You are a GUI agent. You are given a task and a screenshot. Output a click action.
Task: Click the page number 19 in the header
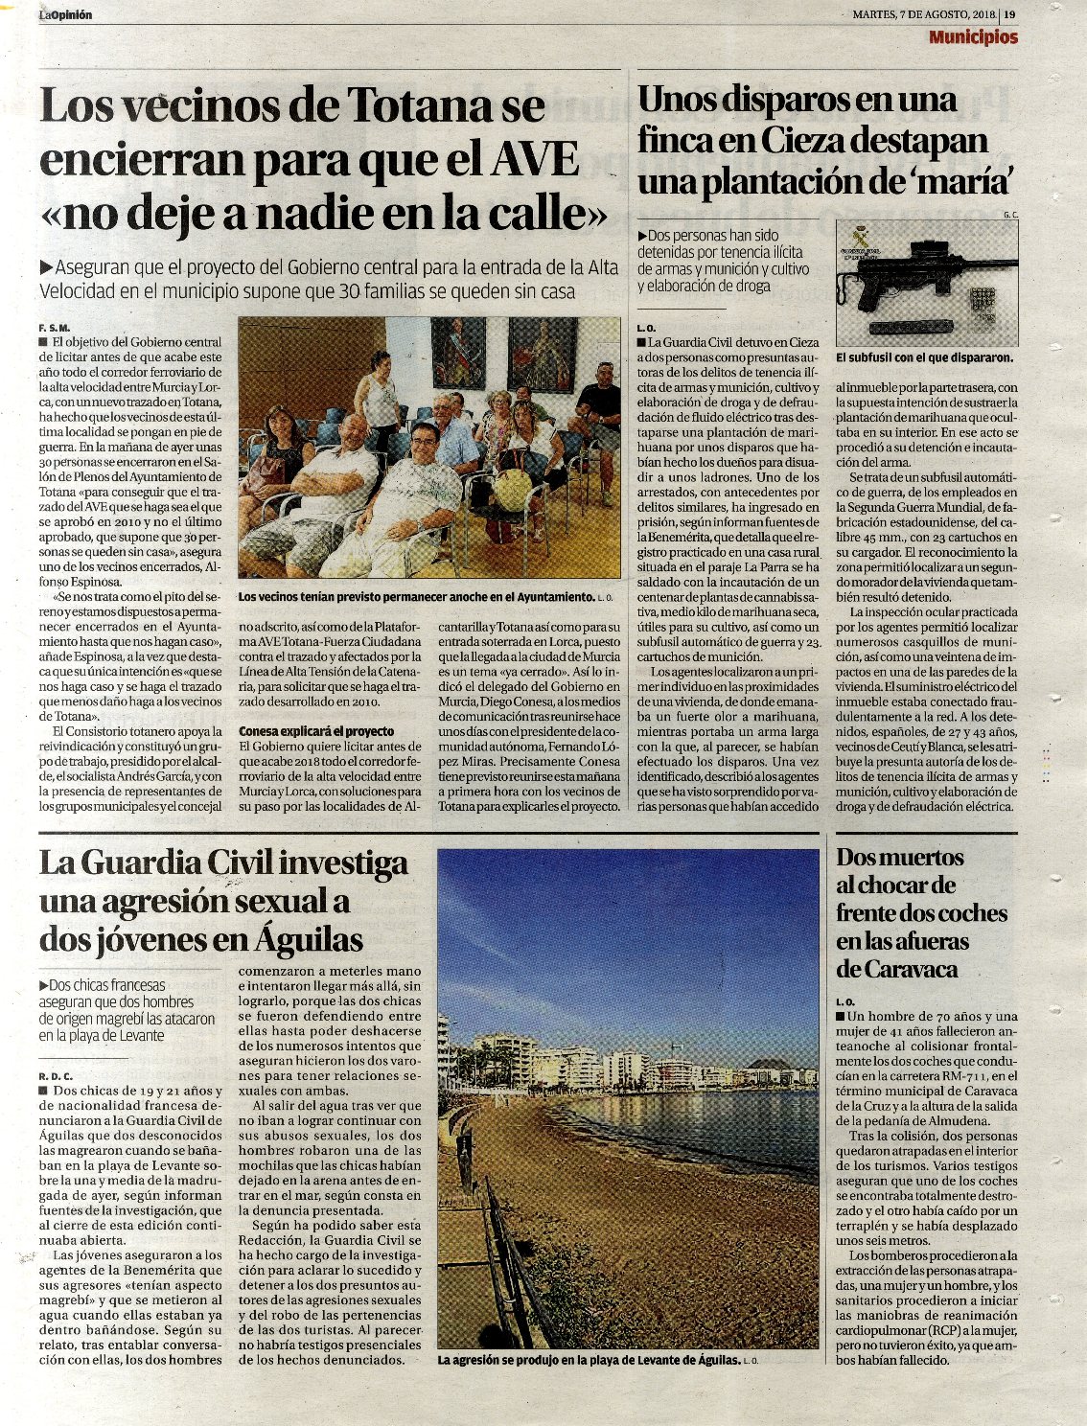[x=1010, y=14]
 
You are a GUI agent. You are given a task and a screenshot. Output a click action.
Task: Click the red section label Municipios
[x=973, y=37]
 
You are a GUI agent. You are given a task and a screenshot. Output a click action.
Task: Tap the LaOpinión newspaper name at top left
[x=66, y=14]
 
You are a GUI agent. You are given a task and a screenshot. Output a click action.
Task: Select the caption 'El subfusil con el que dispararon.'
[x=924, y=358]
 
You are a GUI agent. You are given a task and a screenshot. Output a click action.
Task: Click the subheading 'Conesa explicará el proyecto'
[x=316, y=731]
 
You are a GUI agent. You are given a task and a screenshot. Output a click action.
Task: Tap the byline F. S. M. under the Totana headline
[x=56, y=327]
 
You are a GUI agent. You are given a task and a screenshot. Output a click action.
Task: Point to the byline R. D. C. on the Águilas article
[x=57, y=1075]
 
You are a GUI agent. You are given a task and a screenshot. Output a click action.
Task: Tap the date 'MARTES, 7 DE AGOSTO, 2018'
[x=924, y=14]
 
